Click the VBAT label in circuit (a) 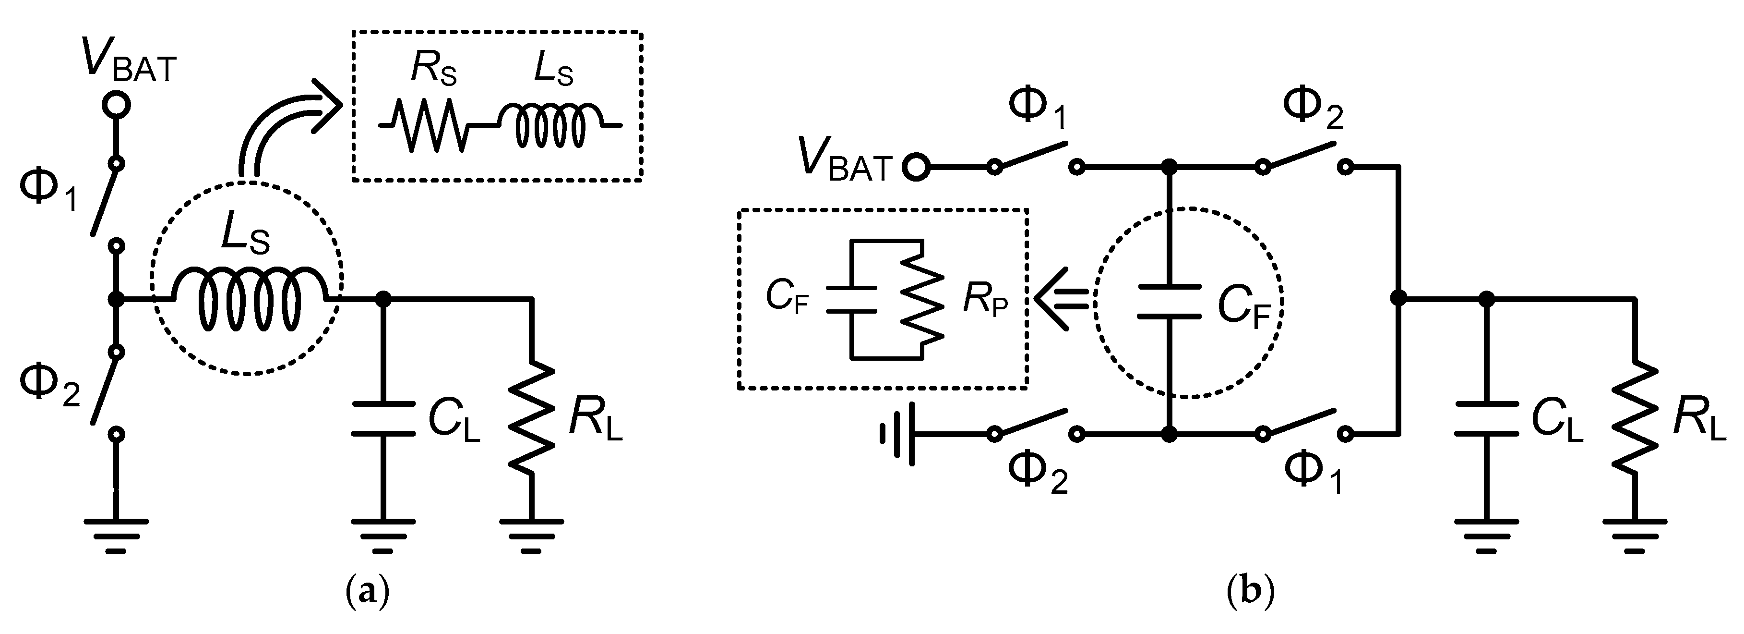(x=128, y=61)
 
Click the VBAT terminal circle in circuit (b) (x=915, y=167)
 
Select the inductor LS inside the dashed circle (x=249, y=299)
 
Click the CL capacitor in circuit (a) (x=383, y=418)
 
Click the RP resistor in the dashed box (x=922, y=299)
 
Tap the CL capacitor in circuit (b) (x=1487, y=418)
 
